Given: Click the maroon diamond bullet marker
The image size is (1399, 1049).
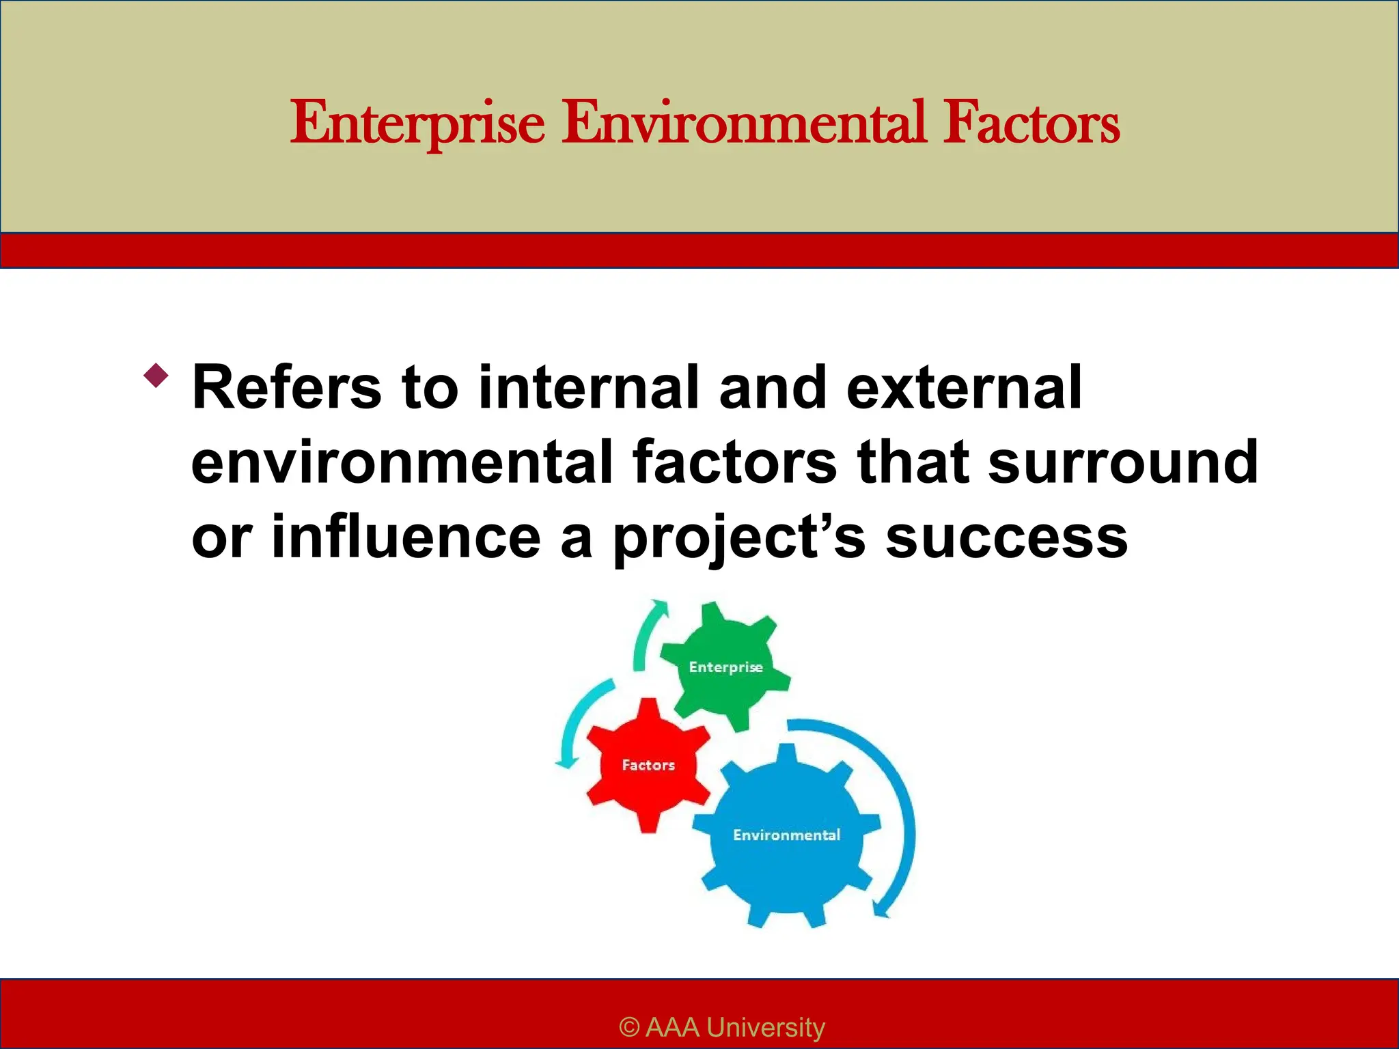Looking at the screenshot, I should pos(156,376).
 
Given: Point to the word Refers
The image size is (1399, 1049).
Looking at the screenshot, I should pos(286,388).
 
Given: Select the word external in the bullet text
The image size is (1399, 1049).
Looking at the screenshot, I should pos(964,388).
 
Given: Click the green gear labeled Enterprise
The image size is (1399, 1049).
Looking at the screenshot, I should pos(725,666).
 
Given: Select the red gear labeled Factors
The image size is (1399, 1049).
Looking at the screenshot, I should pos(648,765).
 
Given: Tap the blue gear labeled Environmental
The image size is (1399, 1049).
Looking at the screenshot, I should pos(786,835).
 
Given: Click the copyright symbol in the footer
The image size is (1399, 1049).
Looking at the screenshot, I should pos(629,1027).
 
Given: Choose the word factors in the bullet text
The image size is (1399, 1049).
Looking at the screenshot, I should pos(734,463).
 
